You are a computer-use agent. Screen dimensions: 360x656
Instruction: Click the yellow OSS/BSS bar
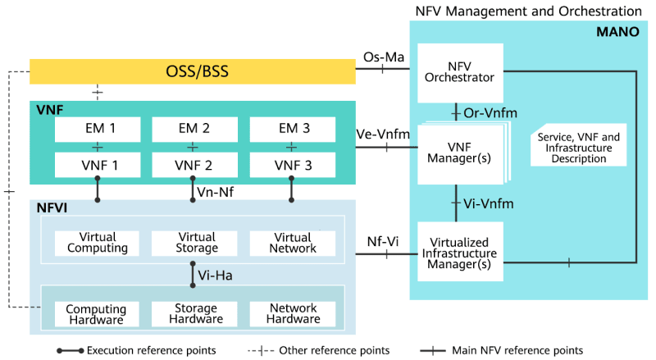click(x=192, y=71)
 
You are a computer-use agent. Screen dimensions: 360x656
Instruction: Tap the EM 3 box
click(x=292, y=129)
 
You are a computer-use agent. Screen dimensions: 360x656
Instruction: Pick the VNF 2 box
click(x=194, y=165)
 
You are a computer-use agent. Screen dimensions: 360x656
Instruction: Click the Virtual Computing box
click(x=98, y=243)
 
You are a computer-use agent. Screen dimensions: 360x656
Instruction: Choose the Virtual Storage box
click(x=194, y=243)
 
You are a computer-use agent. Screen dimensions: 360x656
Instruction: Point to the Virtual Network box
click(x=292, y=243)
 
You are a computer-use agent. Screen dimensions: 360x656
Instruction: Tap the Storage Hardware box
click(x=194, y=314)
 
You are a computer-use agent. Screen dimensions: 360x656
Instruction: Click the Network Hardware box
click(x=292, y=314)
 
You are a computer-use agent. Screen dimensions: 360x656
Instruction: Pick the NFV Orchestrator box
click(x=459, y=72)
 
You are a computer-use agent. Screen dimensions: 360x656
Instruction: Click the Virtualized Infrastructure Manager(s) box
click(x=459, y=253)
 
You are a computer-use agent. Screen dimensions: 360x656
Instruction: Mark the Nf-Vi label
click(x=382, y=241)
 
